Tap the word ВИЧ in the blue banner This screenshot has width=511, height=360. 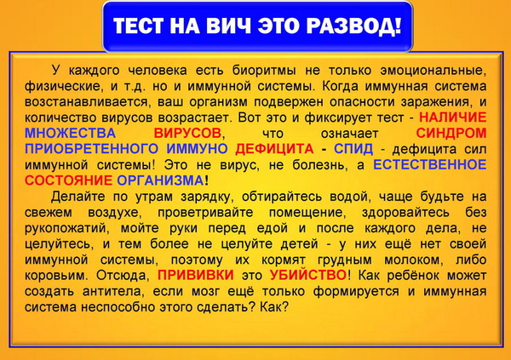click(228, 26)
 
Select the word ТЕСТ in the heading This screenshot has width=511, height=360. click(138, 26)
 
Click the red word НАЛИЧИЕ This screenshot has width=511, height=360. click(453, 117)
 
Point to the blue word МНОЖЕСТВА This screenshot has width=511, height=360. click(70, 133)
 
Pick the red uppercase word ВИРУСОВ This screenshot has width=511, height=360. click(187, 133)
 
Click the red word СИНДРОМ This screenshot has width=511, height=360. click(451, 133)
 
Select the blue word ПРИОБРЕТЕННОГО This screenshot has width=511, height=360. click(92, 149)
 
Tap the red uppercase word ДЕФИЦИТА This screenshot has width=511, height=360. click(274, 149)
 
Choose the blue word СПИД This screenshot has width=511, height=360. click(353, 149)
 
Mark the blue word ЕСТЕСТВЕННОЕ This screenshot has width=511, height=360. click(430, 164)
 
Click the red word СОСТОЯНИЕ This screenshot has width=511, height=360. click(68, 180)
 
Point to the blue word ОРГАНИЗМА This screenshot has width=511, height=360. click(160, 180)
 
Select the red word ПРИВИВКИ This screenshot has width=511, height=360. click(196, 275)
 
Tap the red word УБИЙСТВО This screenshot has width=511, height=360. click(308, 275)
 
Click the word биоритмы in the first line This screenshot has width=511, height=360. click(264, 71)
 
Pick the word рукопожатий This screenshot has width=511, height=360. click(66, 228)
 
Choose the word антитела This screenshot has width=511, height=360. click(112, 291)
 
